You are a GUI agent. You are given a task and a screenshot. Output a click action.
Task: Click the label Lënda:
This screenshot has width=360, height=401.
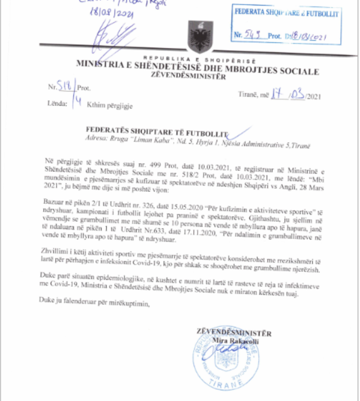tap(56, 105)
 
